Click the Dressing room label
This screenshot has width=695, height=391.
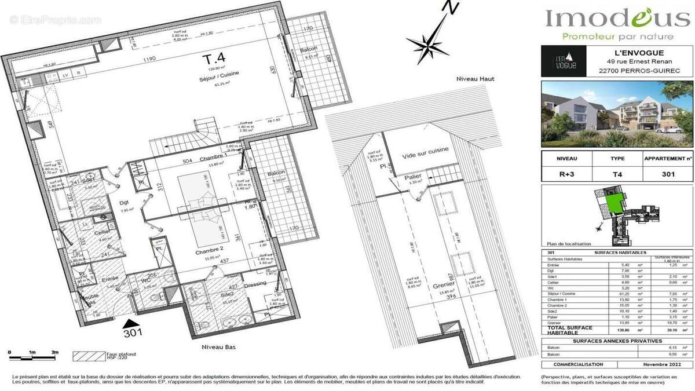255,283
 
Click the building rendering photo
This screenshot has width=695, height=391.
616,114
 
